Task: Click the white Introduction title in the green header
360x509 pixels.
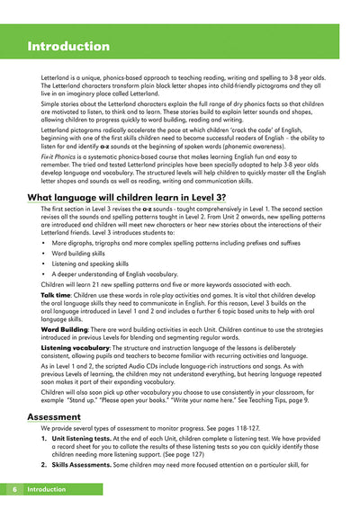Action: click(x=68, y=46)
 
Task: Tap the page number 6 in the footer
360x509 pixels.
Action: click(x=15, y=489)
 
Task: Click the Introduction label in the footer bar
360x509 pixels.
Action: click(x=52, y=489)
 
